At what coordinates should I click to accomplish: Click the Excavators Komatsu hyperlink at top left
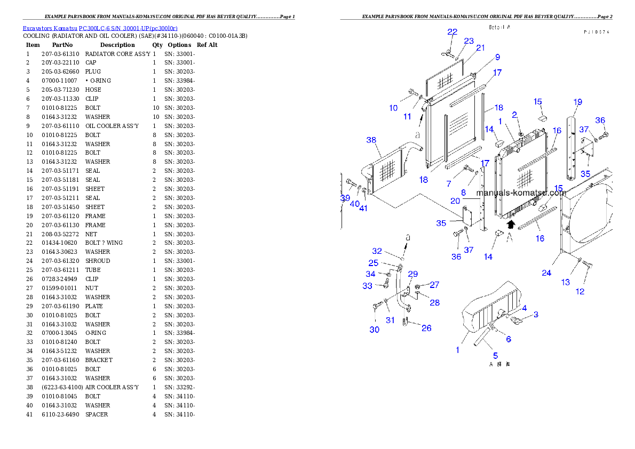point(100,28)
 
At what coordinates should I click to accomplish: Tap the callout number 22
point(453,32)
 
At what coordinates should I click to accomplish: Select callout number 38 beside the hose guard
point(371,140)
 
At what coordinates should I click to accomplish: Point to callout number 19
point(578,102)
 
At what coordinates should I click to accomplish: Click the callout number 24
point(546,273)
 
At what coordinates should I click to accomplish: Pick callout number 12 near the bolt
point(580,291)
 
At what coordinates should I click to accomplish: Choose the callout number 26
point(426,328)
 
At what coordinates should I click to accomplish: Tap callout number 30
point(375,330)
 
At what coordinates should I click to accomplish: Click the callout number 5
point(495,356)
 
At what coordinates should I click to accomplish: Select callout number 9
point(497,57)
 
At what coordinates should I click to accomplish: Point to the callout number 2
point(515,115)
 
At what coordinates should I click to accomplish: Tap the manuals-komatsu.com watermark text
point(521,193)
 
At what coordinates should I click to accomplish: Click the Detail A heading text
point(500,27)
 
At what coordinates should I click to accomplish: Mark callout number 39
point(345,198)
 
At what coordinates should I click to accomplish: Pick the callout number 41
point(363,209)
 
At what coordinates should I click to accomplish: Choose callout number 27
point(435,285)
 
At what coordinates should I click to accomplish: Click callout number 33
point(367,286)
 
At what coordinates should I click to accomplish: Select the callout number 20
point(455,201)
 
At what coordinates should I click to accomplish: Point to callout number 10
point(393,108)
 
